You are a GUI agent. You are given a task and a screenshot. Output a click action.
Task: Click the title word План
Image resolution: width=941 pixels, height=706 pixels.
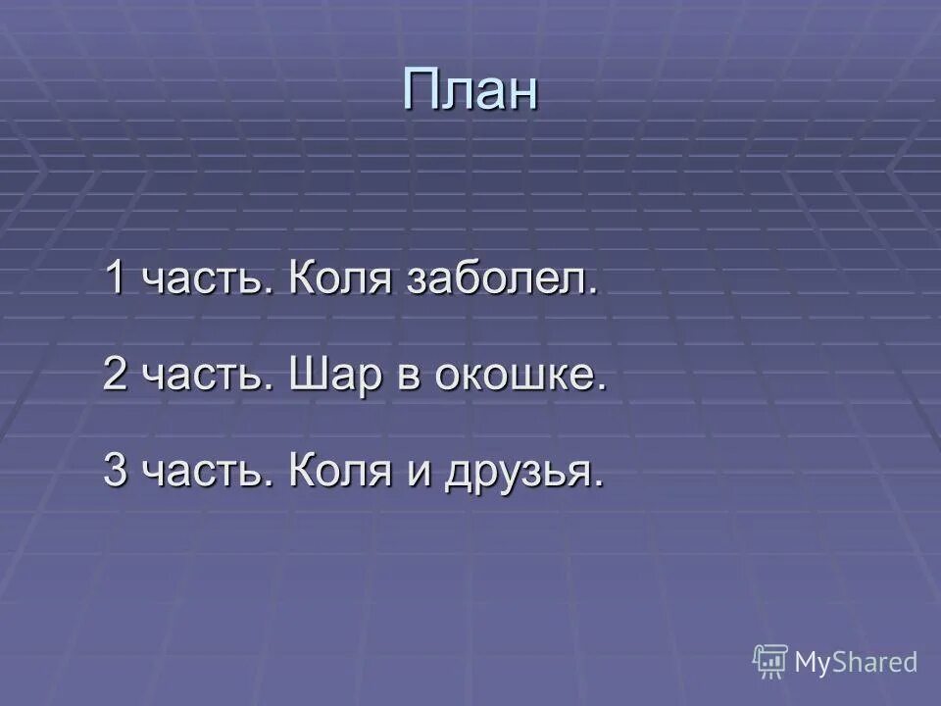(x=470, y=91)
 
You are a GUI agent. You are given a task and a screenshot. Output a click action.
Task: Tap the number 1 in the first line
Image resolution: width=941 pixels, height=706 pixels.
(x=115, y=279)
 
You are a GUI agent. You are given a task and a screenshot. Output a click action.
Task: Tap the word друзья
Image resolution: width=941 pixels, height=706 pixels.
(x=517, y=474)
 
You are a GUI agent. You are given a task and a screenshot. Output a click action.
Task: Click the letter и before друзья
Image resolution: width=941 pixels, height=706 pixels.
(x=416, y=476)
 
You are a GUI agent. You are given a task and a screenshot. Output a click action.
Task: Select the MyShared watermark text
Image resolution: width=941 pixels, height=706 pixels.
(x=856, y=662)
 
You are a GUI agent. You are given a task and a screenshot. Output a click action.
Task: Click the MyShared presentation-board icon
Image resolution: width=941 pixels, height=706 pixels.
(x=770, y=662)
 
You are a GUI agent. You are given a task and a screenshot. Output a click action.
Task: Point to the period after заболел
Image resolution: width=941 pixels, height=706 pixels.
(x=592, y=294)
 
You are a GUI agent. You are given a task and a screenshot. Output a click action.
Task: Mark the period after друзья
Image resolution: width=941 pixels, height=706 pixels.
(x=597, y=484)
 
